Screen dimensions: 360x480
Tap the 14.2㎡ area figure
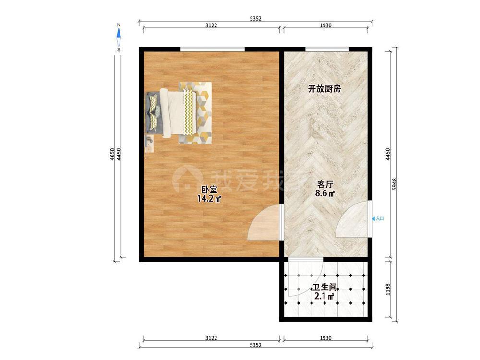point(209,198)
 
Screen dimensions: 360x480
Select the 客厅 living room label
point(325,184)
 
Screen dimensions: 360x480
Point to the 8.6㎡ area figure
point(324,193)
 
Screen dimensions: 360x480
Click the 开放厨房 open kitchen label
point(324,89)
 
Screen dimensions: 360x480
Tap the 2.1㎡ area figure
point(324,297)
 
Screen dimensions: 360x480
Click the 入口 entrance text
point(380,219)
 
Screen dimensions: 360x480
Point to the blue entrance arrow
point(374,219)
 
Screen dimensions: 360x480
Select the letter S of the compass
point(119,49)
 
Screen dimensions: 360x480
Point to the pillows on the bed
point(155,111)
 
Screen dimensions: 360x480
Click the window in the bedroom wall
point(213,48)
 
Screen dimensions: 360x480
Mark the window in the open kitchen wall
point(327,48)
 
